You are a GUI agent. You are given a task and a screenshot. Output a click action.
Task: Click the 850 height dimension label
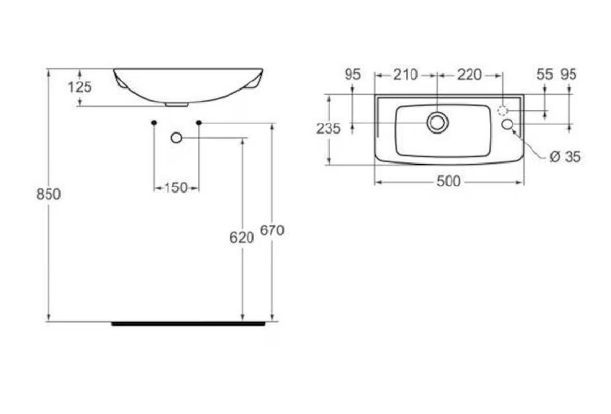[x=49, y=195]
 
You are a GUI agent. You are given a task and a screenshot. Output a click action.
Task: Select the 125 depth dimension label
[x=80, y=87]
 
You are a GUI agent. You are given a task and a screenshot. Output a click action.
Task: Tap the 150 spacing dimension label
[x=176, y=188]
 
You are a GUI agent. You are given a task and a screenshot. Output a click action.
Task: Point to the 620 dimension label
[x=242, y=238]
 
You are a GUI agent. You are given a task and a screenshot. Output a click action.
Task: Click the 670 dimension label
[x=272, y=231]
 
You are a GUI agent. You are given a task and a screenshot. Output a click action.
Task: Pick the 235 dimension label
[x=329, y=128]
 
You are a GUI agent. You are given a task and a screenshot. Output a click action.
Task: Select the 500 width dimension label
[x=448, y=182]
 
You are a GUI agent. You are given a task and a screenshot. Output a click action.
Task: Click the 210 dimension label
[x=405, y=75]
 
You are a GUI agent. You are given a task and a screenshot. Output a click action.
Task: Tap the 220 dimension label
[x=469, y=75]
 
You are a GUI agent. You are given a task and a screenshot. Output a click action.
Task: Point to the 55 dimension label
[x=544, y=75]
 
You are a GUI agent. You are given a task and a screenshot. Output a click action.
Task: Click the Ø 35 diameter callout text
[x=565, y=157]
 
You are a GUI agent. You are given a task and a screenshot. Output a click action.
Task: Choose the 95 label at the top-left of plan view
[x=352, y=75]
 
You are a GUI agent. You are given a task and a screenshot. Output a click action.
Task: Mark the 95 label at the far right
[x=569, y=75]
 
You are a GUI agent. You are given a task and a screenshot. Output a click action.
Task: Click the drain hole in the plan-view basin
[x=437, y=123]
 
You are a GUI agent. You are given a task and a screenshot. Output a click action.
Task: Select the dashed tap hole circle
[x=502, y=110]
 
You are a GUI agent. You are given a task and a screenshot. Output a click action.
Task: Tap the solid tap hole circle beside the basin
[x=507, y=124]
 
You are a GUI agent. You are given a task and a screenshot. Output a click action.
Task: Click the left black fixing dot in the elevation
[x=154, y=122]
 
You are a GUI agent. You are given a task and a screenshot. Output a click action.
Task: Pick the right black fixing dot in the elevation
[x=199, y=122]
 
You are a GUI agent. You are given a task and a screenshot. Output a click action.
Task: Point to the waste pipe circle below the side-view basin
[x=176, y=138]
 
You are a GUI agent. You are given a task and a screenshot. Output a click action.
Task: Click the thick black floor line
[x=189, y=324]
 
